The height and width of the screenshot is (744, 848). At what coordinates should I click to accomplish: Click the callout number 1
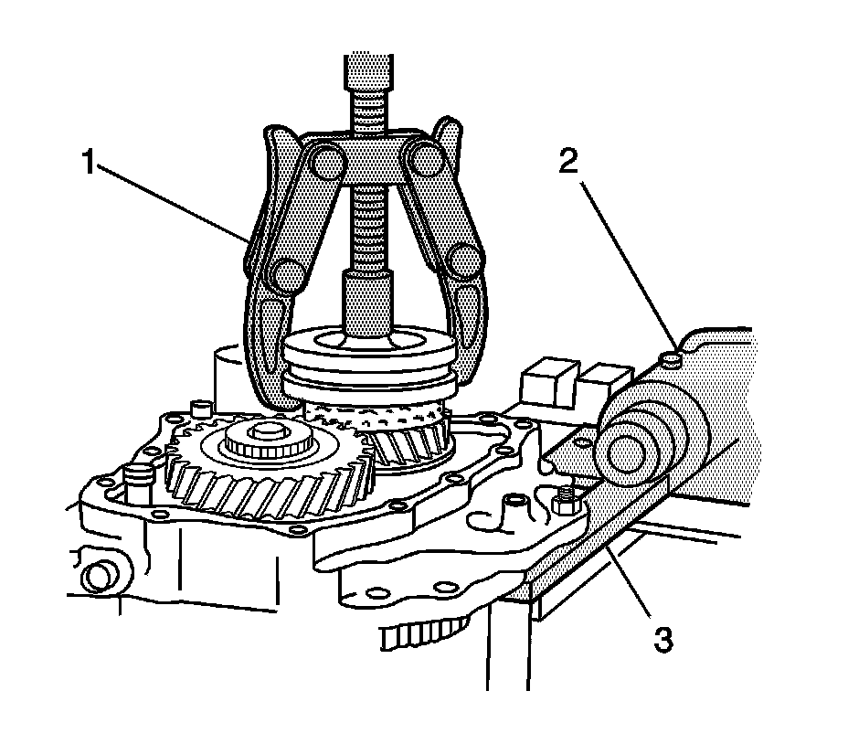(88, 163)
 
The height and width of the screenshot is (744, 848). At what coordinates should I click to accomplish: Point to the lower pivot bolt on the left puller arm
(288, 273)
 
